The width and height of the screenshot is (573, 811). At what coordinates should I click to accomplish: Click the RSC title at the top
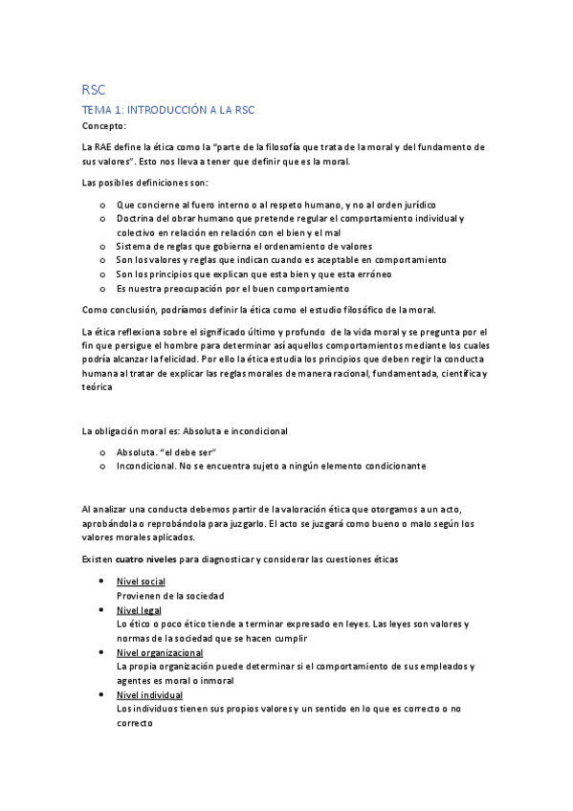coord(94,89)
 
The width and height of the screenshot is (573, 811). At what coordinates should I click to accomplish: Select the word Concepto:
coord(104,126)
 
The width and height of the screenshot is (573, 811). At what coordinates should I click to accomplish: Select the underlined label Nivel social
coord(141,581)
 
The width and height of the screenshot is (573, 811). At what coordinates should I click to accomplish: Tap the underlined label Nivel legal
coord(138,610)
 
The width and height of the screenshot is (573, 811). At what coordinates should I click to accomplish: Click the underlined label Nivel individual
coord(149,695)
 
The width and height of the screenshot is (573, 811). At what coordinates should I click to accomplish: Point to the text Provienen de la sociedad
coord(169,596)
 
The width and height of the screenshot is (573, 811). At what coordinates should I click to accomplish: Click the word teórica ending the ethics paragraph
coord(98,387)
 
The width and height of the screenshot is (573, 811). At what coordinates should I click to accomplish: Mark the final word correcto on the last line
coord(135,724)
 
